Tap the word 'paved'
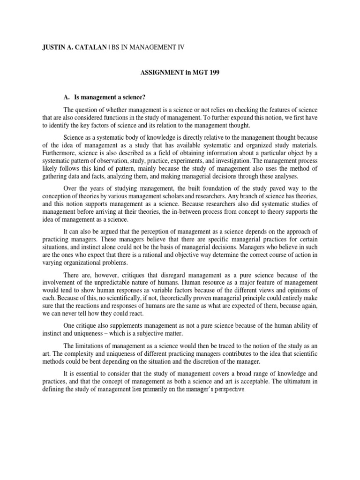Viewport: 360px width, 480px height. tap(261, 188)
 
